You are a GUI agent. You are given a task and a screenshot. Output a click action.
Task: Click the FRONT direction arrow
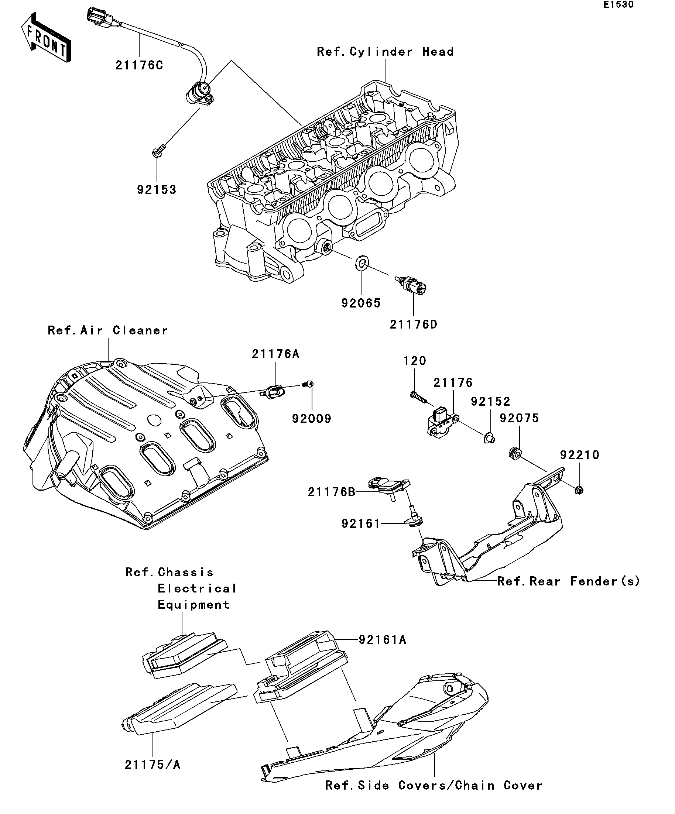[46, 38]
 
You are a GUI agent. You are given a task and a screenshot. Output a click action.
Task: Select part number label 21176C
[139, 65]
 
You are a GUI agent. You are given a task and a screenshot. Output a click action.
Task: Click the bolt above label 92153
[158, 150]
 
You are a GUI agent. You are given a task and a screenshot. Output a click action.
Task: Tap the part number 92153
[157, 189]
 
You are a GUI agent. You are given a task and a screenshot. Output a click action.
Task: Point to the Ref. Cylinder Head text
[385, 52]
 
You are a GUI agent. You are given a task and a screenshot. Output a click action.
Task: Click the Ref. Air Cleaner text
[108, 330]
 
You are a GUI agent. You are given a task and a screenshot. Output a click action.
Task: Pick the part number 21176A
[276, 354]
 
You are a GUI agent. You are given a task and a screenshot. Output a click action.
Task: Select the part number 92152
[490, 401]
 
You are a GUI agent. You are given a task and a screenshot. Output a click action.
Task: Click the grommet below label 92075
[515, 453]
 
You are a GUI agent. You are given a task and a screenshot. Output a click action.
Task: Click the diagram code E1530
[619, 5]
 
